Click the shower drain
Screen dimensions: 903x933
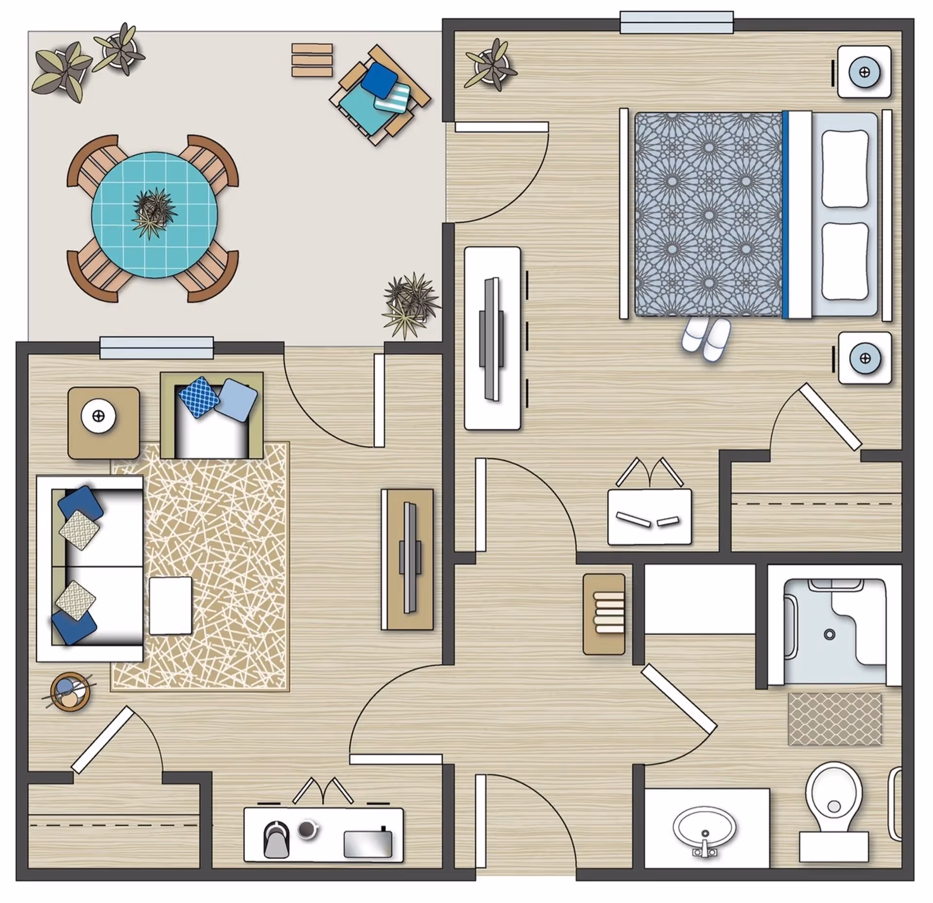pyautogui.click(x=829, y=634)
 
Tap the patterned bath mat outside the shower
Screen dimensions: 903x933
pyautogui.click(x=834, y=719)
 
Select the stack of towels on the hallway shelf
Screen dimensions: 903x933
pyautogui.click(x=609, y=612)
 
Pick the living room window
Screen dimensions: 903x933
pyautogui.click(x=156, y=347)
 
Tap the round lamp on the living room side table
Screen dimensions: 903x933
pyautogui.click(x=99, y=417)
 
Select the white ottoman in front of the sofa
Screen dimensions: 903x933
pyautogui.click(x=170, y=606)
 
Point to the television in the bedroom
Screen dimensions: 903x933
pyautogui.click(x=492, y=338)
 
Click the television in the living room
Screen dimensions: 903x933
pyautogui.click(x=408, y=558)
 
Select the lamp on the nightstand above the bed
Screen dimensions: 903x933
pyautogui.click(x=864, y=72)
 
